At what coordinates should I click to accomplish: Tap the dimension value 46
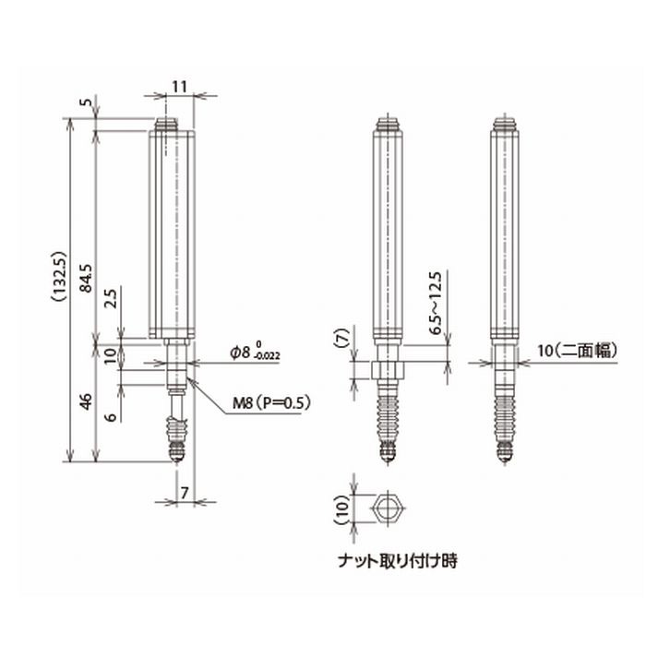click(85, 402)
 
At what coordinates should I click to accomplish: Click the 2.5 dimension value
click(111, 299)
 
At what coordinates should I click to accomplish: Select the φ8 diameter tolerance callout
click(256, 353)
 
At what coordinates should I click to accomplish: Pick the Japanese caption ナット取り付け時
click(399, 559)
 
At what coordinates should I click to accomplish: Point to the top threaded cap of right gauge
click(504, 122)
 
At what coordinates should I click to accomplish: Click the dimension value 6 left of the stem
click(111, 416)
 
